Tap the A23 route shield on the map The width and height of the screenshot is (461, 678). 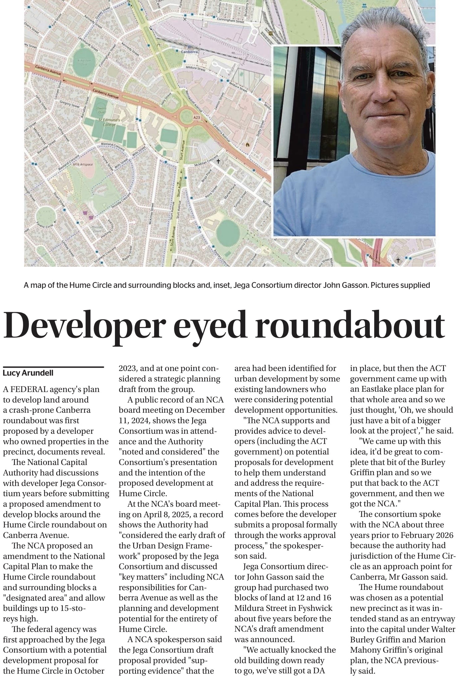click(197, 118)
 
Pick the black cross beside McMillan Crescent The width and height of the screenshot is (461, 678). click(218, 161)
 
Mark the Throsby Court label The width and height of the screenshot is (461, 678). click(97, 229)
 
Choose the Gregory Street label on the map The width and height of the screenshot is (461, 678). click(70, 104)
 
